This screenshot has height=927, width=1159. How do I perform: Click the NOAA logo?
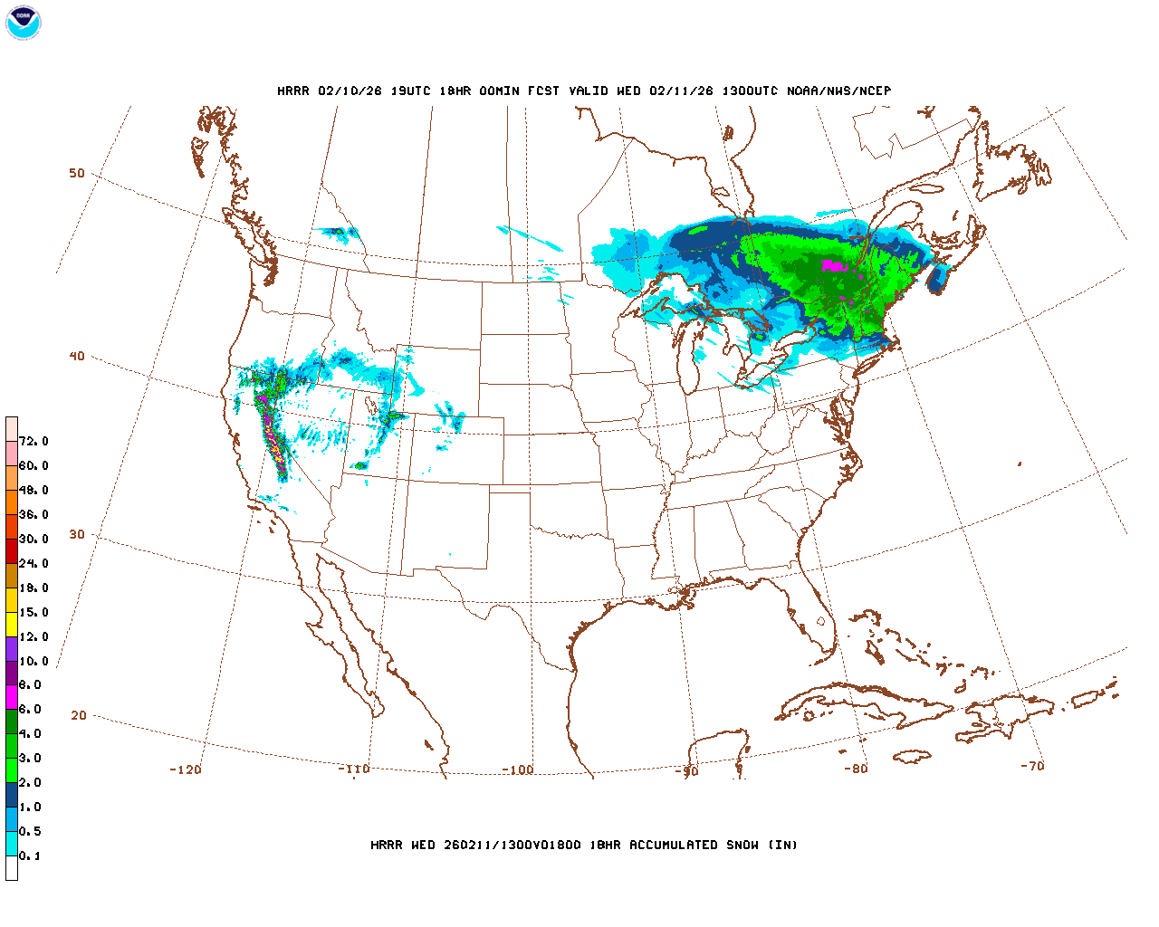point(23,23)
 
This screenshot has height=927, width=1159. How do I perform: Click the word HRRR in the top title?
point(292,91)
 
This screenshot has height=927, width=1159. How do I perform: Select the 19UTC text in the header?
point(410,91)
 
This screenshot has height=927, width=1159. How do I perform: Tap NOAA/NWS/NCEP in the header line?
point(838,91)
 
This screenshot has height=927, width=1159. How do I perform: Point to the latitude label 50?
point(77,173)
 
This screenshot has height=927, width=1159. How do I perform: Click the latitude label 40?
point(77,356)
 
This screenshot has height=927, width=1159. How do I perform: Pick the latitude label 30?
point(77,534)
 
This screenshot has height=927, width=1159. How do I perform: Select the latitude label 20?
point(79,715)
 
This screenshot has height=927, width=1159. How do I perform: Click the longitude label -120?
point(185,769)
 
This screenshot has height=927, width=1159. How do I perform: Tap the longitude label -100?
point(518,769)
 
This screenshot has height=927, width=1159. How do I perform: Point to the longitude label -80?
point(856,769)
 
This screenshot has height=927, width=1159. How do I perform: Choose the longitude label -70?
point(1032,766)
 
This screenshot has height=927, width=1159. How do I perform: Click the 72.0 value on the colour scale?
point(34,441)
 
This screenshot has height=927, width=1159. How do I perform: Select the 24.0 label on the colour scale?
point(34,563)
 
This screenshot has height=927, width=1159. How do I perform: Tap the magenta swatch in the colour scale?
point(12,697)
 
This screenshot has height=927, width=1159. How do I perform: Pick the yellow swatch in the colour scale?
point(12,624)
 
